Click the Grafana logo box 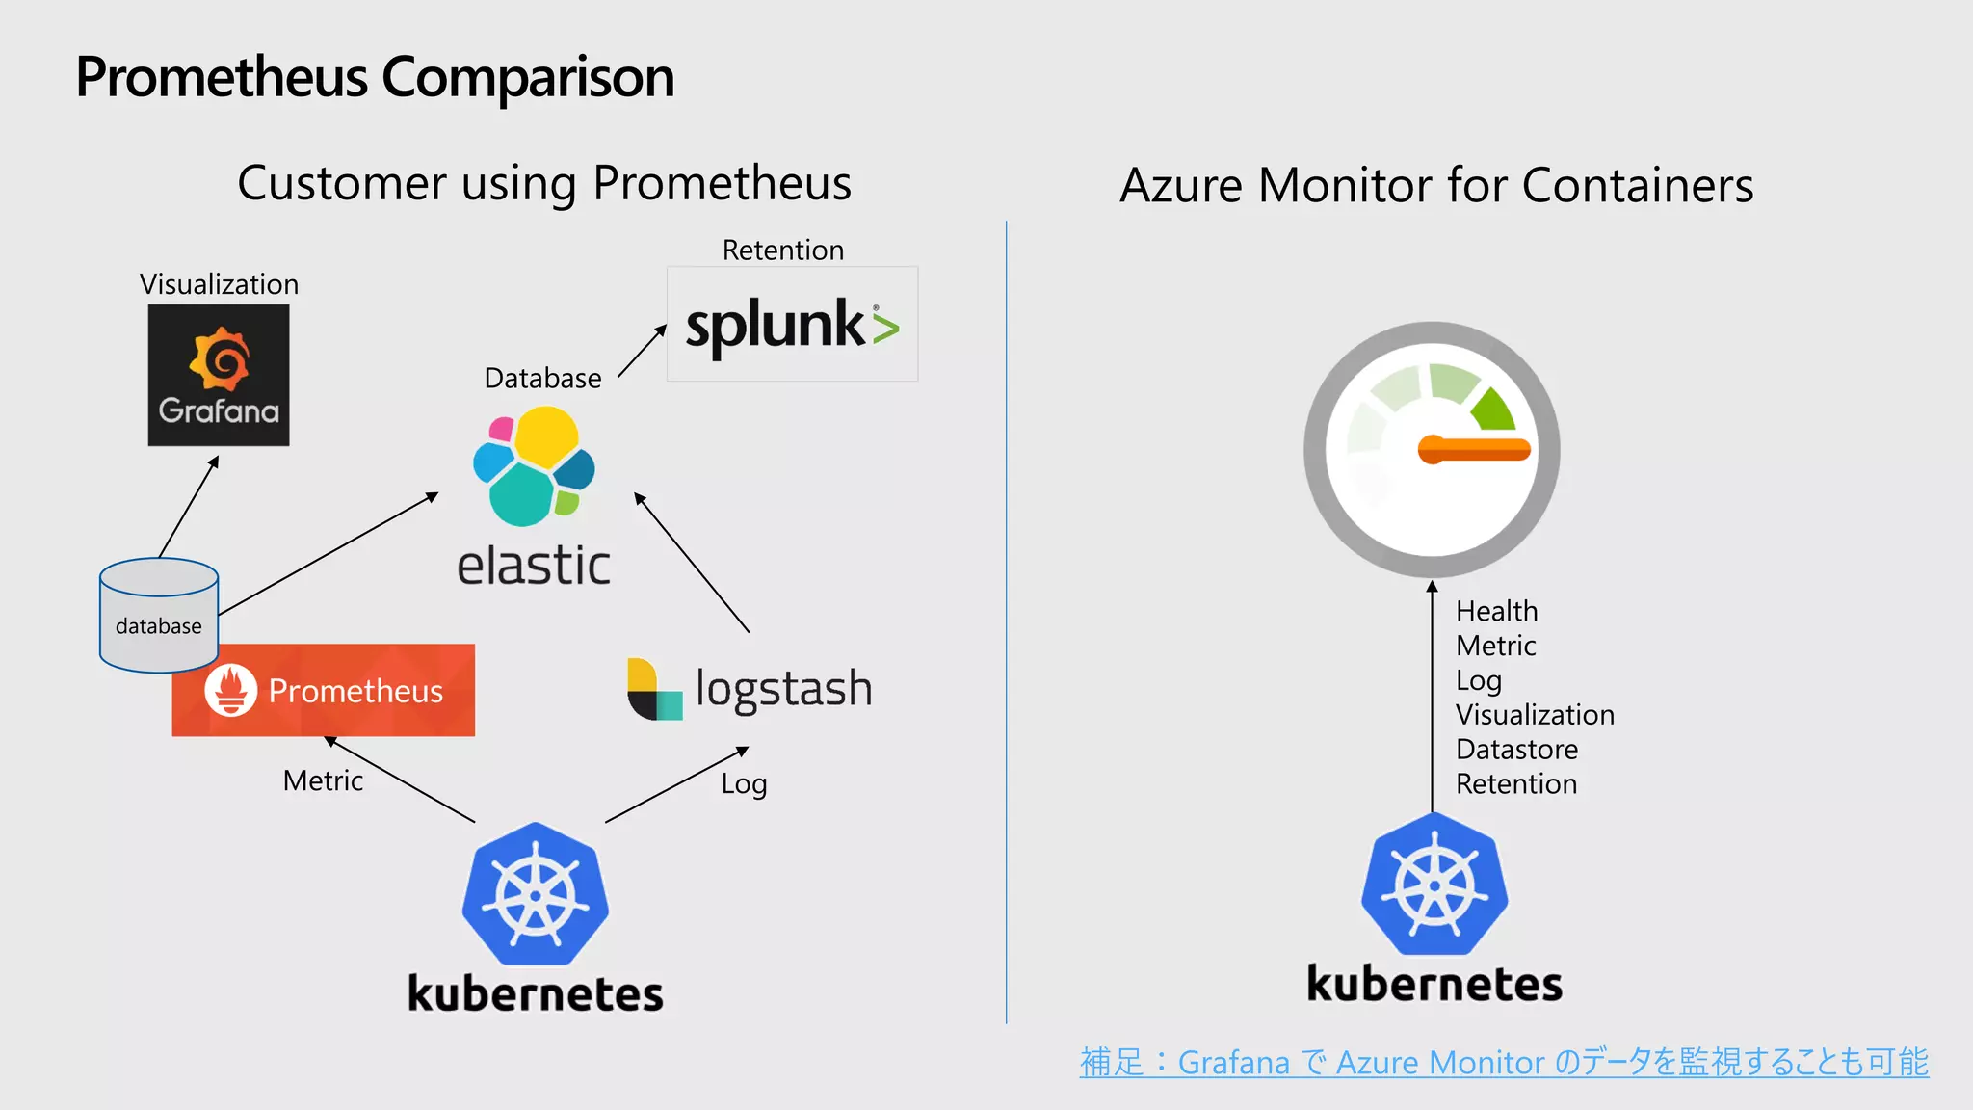click(219, 375)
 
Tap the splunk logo click(792, 325)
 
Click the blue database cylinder click(159, 614)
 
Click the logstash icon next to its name click(654, 689)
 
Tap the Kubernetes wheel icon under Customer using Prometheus click(535, 894)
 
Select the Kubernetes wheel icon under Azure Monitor click(1434, 885)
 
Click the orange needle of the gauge click(1475, 449)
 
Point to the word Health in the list click(1496, 611)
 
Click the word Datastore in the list click(1516, 749)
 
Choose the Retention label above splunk click(782, 251)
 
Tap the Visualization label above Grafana click(219, 284)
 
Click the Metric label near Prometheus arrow click(323, 780)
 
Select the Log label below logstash click(744, 783)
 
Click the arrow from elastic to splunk click(642, 351)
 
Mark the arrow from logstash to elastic click(691, 562)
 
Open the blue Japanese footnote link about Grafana click(1503, 1062)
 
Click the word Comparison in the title click(528, 77)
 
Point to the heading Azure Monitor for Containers click(1435, 185)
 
